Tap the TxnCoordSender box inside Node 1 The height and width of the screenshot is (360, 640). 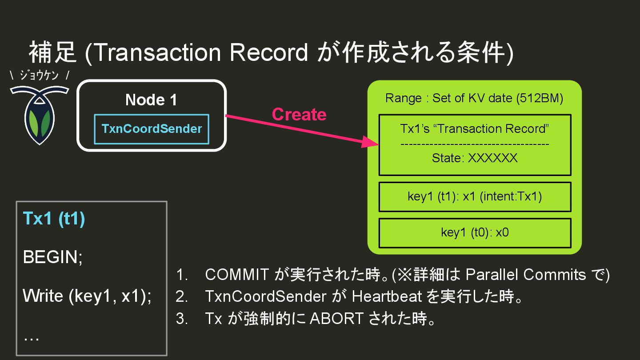click(x=152, y=129)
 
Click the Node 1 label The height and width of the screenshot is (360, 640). click(x=151, y=100)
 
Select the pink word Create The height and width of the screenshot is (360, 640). click(x=299, y=115)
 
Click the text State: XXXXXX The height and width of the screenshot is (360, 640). click(x=475, y=158)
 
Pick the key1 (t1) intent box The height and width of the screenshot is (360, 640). click(x=475, y=196)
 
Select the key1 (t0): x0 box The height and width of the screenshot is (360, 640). click(x=475, y=232)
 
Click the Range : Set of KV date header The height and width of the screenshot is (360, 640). click(x=474, y=98)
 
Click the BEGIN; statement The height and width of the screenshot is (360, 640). click(x=53, y=257)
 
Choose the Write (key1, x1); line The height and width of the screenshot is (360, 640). click(x=87, y=296)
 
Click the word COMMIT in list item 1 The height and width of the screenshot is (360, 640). click(x=236, y=275)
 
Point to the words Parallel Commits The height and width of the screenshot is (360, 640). click(x=526, y=275)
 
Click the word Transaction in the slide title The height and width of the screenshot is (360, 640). click(x=158, y=53)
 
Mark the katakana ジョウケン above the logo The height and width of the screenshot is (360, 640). click(x=39, y=76)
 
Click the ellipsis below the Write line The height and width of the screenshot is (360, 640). click(x=31, y=338)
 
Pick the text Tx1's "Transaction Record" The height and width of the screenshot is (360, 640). click(x=475, y=129)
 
